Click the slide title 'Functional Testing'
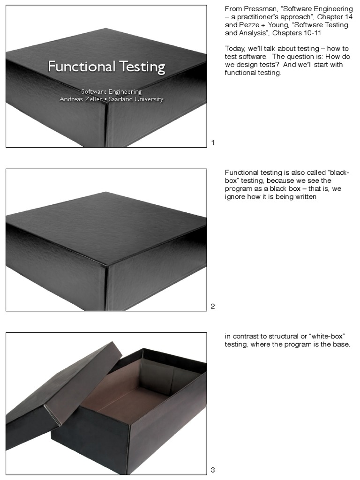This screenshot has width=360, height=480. pyautogui.click(x=106, y=67)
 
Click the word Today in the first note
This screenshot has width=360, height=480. pyautogui.click(x=234, y=49)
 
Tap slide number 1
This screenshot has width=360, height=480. pyautogui.click(x=213, y=142)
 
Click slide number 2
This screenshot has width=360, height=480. pyautogui.click(x=213, y=306)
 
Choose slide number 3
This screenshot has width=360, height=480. pyautogui.click(x=213, y=470)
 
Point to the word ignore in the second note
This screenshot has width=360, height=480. pyautogui.click(x=235, y=196)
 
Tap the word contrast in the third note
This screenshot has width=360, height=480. pyautogui.click(x=245, y=336)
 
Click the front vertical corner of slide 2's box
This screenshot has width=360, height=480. pyautogui.click(x=107, y=286)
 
